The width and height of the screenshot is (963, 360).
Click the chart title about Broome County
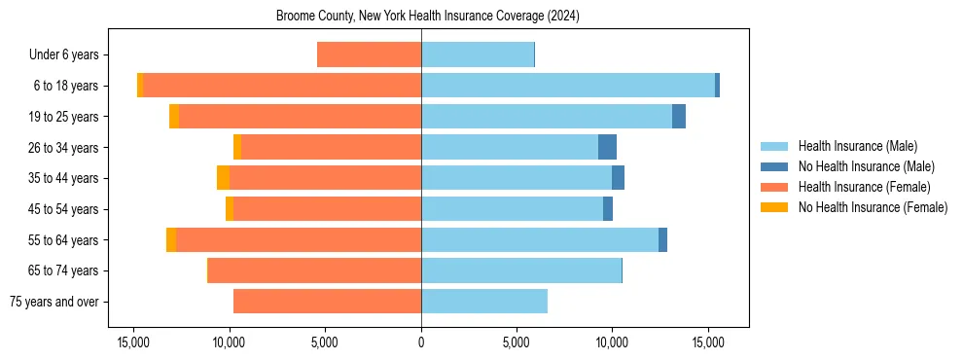point(428,17)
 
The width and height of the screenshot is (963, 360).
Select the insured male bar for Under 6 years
point(478,54)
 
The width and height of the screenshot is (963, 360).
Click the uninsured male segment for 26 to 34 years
point(607,147)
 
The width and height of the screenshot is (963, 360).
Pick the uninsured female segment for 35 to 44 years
point(223,178)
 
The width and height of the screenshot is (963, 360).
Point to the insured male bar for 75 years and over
point(484,302)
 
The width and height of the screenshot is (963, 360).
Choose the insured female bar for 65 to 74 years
point(314,270)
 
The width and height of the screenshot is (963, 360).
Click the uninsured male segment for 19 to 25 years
point(679,116)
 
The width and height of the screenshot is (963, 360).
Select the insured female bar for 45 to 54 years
point(327,209)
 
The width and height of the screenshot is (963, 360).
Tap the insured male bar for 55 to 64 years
point(540,239)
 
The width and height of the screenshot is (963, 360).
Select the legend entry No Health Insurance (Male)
point(866,166)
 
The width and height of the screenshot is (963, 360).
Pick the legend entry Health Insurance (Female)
point(864,187)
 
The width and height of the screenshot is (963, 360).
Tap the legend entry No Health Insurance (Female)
point(873,207)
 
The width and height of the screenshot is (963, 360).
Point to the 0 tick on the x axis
point(421,342)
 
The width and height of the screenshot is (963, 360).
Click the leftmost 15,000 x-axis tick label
point(133,342)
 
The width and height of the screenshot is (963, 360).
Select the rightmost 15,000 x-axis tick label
point(708,342)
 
